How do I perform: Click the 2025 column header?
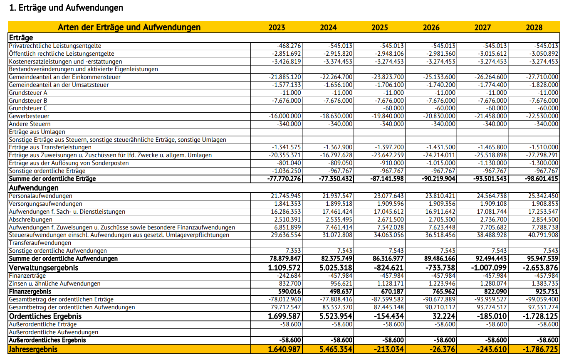tap(379, 27)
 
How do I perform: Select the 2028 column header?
tap(534, 27)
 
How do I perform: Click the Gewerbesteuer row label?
tap(29, 116)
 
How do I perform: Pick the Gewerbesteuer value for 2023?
tap(285, 116)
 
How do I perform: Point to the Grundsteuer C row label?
tap(28, 108)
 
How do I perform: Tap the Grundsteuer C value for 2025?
tap(393, 108)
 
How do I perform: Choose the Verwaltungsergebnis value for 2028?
tap(540, 268)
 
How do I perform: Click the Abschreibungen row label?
tap(31, 219)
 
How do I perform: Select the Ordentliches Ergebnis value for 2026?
tap(444, 316)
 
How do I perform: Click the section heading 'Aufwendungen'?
tap(34, 188)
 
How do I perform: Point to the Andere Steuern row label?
tap(30, 124)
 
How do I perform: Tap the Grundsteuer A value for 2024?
tap(343, 93)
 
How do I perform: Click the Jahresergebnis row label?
tap(33, 349)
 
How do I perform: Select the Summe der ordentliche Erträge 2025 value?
tap(387, 179)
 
